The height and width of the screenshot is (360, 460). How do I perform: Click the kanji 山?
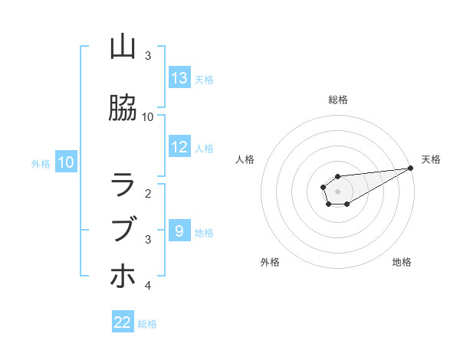[123, 47]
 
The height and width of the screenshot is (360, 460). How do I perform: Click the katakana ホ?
[123, 275]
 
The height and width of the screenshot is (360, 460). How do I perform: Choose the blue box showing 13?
[179, 78]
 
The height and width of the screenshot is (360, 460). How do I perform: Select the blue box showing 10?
[66, 162]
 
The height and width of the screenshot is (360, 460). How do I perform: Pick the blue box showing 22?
[123, 322]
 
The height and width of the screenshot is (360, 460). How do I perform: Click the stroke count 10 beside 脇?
[148, 117]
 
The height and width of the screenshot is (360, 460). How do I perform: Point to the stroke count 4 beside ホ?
[148, 286]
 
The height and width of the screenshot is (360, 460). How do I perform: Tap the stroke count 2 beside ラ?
[148, 194]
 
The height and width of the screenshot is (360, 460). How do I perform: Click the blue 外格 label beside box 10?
[41, 163]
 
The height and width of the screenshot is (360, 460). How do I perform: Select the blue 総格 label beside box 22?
[148, 323]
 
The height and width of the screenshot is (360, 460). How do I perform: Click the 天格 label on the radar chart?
[431, 159]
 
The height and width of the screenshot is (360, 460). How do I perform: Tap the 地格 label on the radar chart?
[402, 262]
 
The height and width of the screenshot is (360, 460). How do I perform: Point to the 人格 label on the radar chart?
[245, 159]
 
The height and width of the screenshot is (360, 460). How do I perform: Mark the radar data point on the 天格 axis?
[411, 168]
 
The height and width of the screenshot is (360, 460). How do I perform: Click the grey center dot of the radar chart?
[337, 191]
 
